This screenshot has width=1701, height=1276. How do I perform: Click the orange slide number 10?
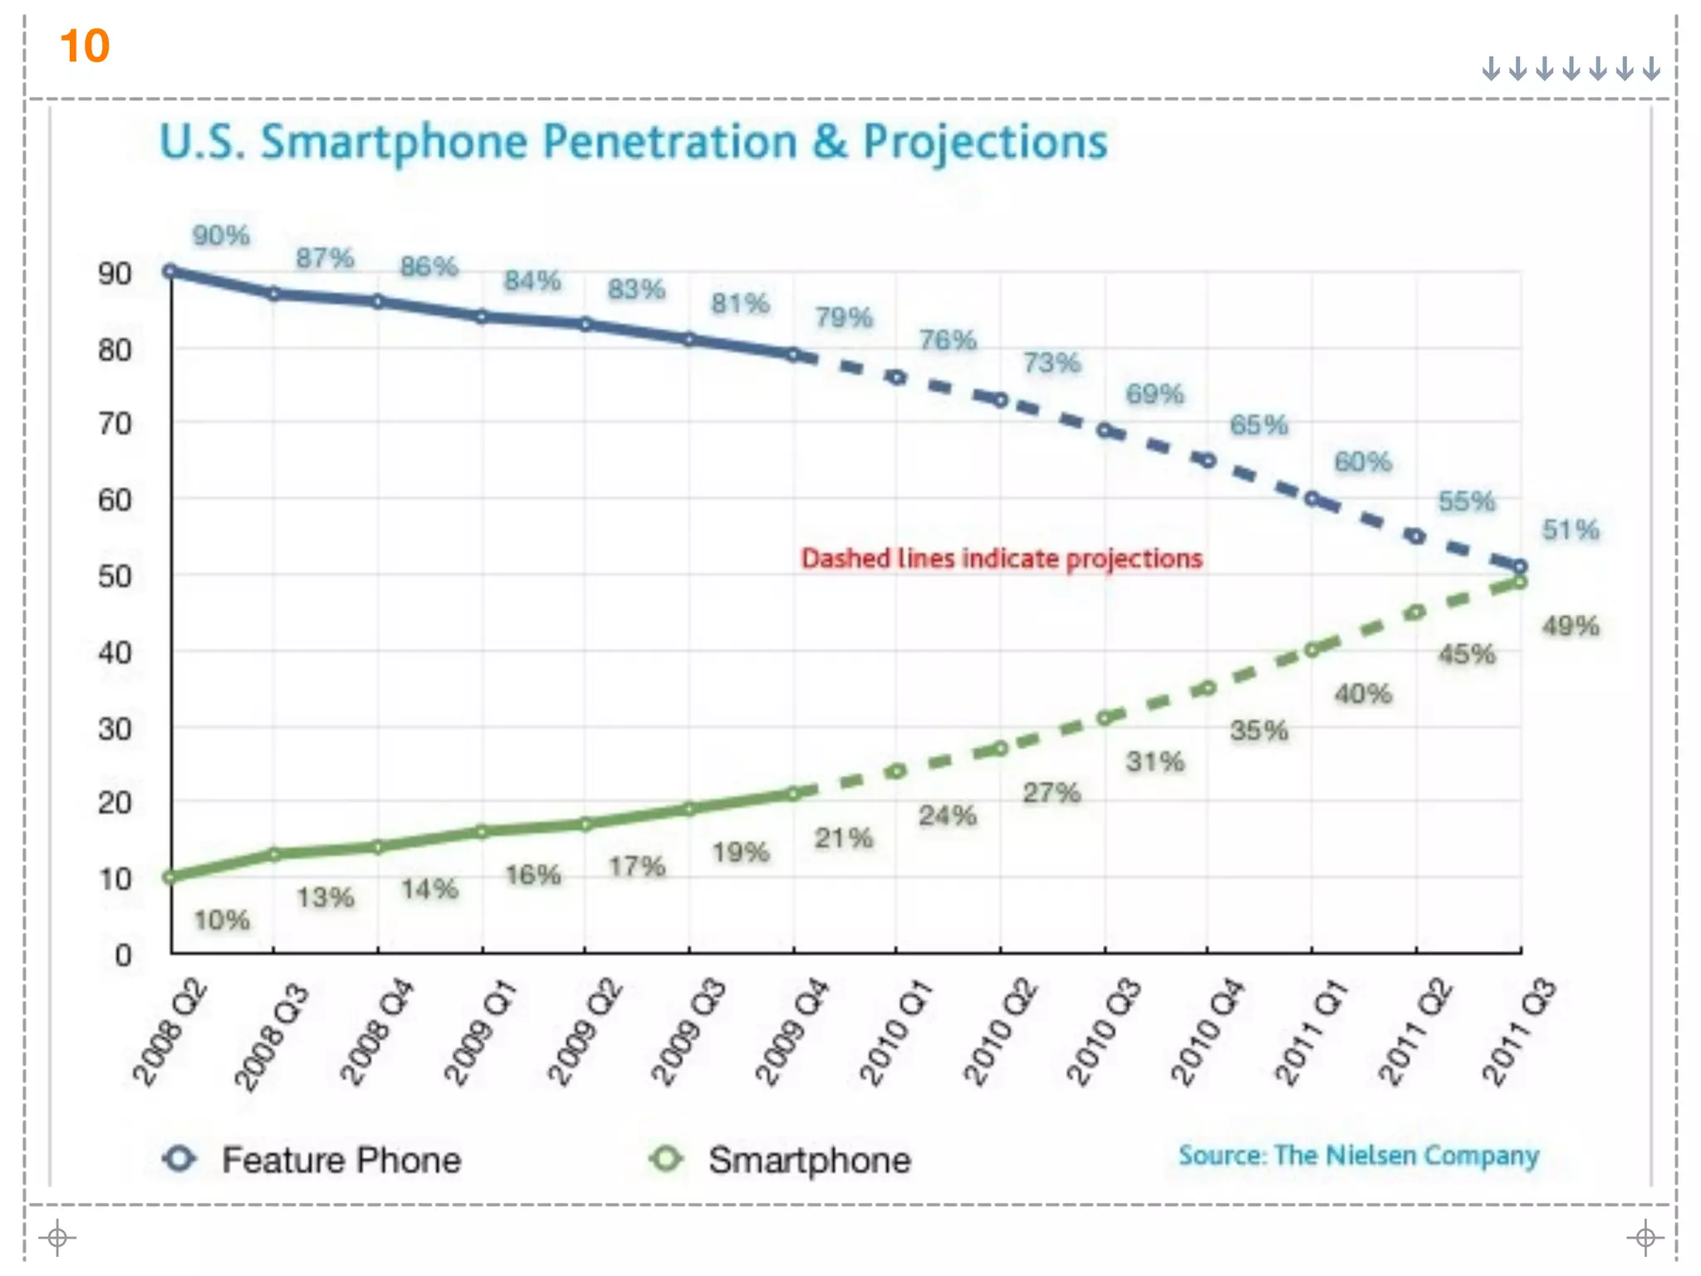(x=85, y=46)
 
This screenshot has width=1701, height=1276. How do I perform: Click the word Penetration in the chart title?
(x=669, y=142)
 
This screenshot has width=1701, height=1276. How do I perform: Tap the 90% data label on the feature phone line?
(x=221, y=236)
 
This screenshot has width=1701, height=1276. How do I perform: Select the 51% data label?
(x=1571, y=530)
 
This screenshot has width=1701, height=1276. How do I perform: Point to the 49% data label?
(x=1571, y=626)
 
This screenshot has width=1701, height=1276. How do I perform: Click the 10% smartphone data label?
(x=222, y=920)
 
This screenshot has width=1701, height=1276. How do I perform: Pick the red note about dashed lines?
(x=1002, y=558)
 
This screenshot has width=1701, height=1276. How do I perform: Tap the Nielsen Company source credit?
(x=1359, y=1156)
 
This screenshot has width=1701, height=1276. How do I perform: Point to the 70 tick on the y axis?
(x=115, y=425)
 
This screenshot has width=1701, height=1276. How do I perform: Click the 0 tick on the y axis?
(x=124, y=955)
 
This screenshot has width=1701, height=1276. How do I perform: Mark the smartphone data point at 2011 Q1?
(x=1312, y=650)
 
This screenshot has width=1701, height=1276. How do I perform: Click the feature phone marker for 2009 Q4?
(x=794, y=355)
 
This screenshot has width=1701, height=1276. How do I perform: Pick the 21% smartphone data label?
(x=844, y=838)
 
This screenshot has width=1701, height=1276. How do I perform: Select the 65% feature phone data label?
(x=1258, y=425)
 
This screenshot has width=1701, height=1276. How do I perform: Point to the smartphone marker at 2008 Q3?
(x=274, y=854)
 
